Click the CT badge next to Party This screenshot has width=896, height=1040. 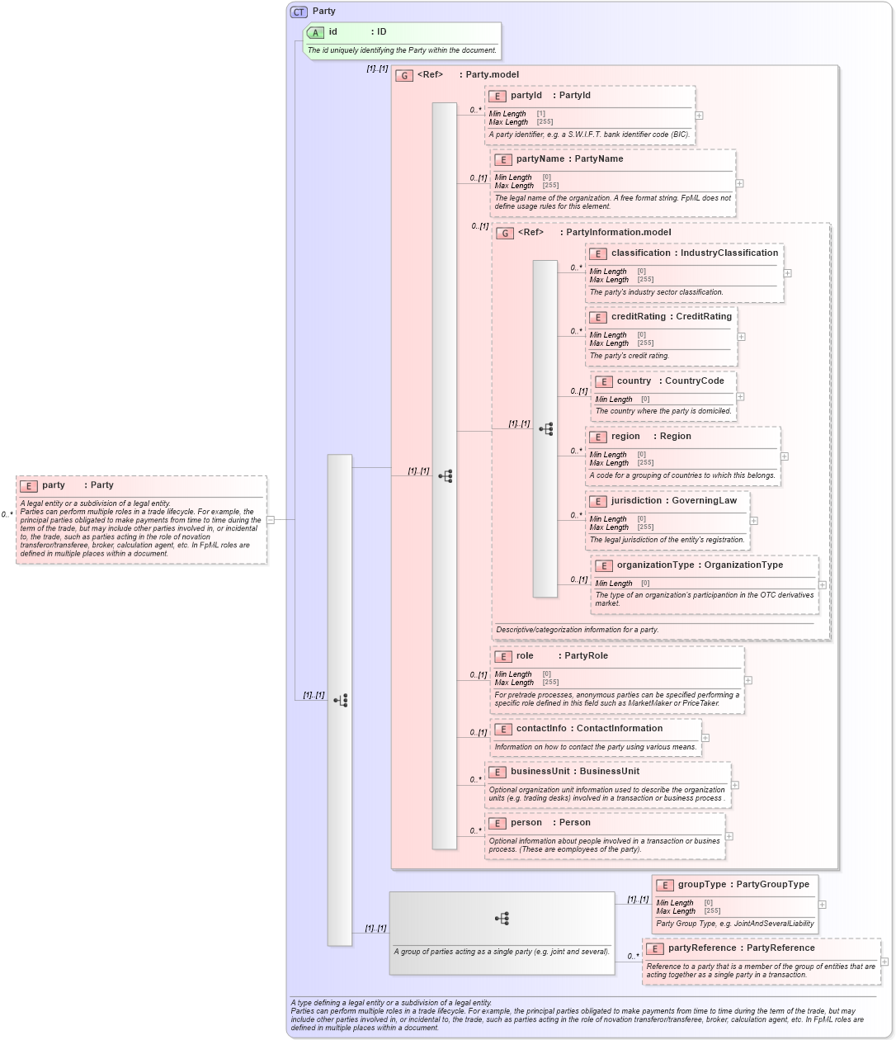[299, 12]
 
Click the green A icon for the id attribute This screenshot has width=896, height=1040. [315, 32]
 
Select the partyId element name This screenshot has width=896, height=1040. [526, 96]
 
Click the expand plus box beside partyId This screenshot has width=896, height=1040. [699, 116]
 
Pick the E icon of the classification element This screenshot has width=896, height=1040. [598, 253]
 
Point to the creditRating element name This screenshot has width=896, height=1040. [638, 317]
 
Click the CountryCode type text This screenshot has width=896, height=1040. [694, 381]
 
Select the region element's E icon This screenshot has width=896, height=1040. [598, 437]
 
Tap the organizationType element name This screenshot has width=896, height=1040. [655, 565]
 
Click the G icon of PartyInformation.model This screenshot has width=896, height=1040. [505, 233]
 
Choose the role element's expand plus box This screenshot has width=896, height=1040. [747, 681]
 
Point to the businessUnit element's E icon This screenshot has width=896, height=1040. [498, 772]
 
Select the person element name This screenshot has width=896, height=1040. [526, 823]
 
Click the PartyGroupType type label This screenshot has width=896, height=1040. [772, 885]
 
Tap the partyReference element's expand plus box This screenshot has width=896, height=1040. [884, 962]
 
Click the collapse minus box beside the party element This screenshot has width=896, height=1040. [270, 520]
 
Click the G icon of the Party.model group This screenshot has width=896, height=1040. [404, 75]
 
